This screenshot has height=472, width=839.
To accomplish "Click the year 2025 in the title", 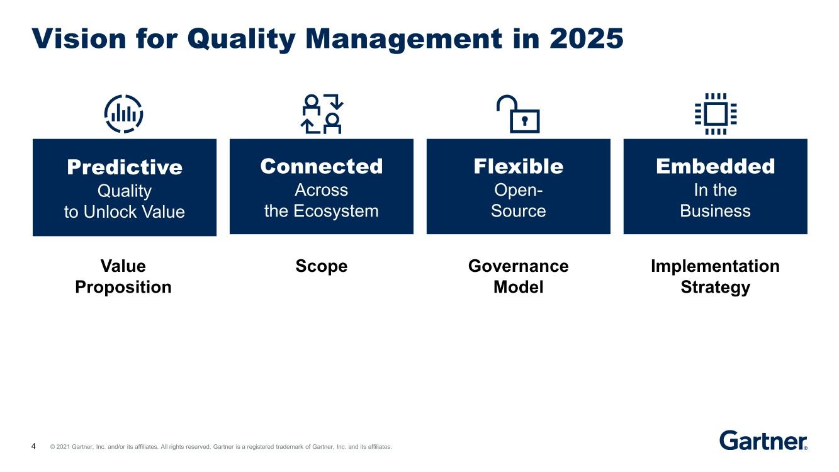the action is click(586, 38).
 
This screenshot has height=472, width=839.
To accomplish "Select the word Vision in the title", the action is click(79, 38).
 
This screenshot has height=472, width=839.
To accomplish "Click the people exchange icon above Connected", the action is click(322, 114).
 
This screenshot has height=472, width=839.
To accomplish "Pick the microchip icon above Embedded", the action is click(716, 114).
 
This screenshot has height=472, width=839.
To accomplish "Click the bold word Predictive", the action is click(125, 167).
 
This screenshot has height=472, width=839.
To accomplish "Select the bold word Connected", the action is click(322, 166).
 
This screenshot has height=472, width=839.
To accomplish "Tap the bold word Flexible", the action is click(519, 166).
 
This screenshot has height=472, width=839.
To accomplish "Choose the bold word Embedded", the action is click(716, 166).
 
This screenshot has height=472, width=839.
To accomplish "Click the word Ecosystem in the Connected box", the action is click(336, 211).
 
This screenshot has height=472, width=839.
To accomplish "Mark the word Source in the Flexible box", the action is click(519, 211).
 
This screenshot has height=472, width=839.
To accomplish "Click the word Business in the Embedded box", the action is click(716, 211).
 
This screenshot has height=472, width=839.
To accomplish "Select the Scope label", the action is click(322, 267).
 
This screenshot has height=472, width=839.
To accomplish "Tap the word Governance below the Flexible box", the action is click(519, 266).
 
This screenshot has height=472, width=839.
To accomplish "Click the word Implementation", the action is click(716, 267).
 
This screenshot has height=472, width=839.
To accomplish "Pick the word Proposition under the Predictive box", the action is click(123, 288).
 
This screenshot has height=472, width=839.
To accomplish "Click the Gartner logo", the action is click(763, 441).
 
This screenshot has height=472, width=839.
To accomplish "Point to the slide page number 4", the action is click(33, 446).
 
